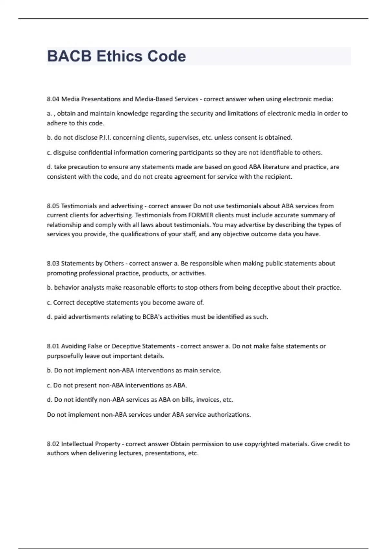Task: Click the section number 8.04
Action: point(53,99)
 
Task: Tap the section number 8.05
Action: point(53,206)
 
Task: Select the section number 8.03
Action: point(53,264)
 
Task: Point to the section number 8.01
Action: point(53,346)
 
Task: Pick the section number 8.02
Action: point(53,444)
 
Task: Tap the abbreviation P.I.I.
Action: point(105,138)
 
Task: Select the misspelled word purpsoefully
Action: point(65,356)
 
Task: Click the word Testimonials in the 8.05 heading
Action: point(79,206)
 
